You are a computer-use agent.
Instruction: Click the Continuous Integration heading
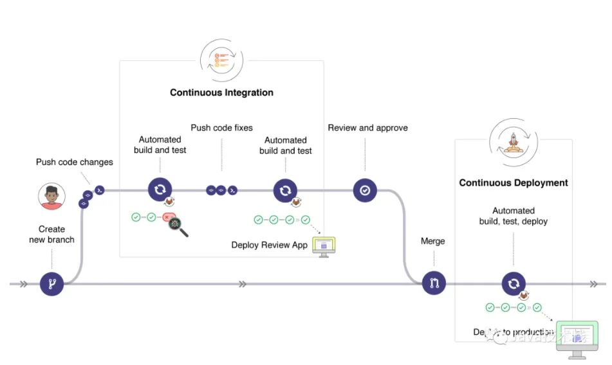pyautogui.click(x=221, y=93)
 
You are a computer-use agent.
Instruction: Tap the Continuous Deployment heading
pyautogui.click(x=513, y=183)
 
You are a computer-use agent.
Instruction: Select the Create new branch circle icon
pyautogui.click(x=51, y=283)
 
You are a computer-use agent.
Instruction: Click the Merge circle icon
pyautogui.click(x=434, y=283)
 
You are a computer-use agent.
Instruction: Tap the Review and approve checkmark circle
pyautogui.click(x=365, y=190)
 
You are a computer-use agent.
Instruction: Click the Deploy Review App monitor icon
pyautogui.click(x=324, y=246)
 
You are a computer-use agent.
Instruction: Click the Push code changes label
pyautogui.click(x=75, y=162)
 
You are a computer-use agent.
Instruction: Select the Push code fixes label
pyautogui.click(x=221, y=128)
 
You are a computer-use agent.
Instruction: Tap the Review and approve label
pyautogui.click(x=367, y=128)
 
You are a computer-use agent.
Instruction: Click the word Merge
pyautogui.click(x=432, y=241)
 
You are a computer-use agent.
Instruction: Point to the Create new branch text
pyautogui.click(x=51, y=235)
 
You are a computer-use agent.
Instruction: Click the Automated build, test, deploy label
pyautogui.click(x=513, y=216)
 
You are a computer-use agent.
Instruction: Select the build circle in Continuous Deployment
pyautogui.click(x=513, y=283)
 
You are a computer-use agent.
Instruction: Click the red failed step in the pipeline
pyautogui.click(x=169, y=218)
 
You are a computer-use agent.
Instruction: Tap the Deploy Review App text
pyautogui.click(x=270, y=245)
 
